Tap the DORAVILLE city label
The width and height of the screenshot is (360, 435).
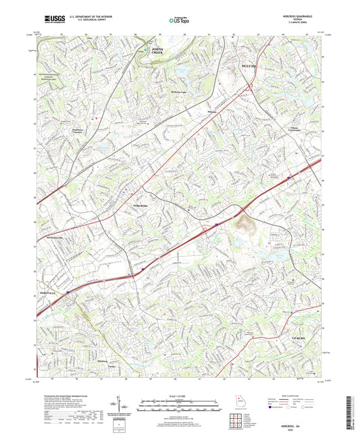[x=44, y=292]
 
